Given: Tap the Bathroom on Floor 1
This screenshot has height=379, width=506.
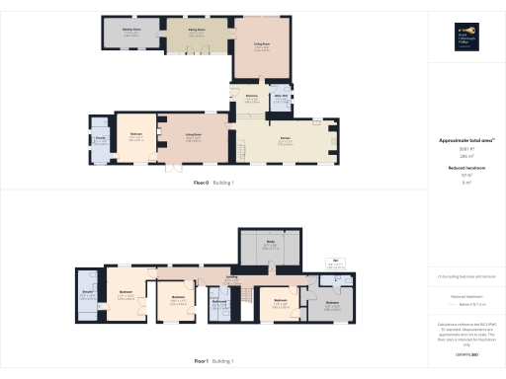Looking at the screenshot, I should [219, 302].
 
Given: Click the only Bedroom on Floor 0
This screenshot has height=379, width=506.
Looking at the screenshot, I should [131, 137].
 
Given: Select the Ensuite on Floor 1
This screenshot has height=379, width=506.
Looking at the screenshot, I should [87, 294].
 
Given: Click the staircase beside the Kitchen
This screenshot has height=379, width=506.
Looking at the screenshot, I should [237, 151].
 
